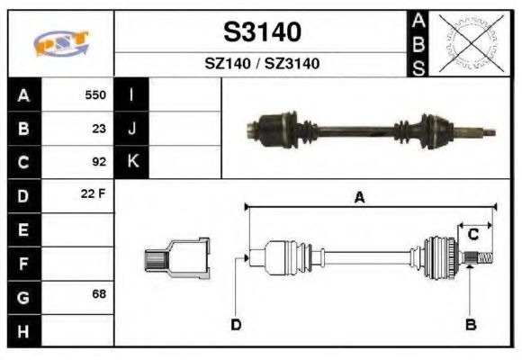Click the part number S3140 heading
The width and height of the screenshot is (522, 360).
[x=262, y=32]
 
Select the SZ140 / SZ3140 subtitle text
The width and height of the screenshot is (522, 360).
[x=262, y=64]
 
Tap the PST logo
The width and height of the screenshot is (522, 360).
[x=62, y=43]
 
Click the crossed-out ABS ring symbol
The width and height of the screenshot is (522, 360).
[x=467, y=42]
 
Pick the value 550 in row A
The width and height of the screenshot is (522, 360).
[x=95, y=94]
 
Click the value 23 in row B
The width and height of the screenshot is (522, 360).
[x=99, y=129]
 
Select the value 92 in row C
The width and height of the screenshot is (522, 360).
[x=99, y=163]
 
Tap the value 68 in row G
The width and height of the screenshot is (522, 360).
[x=99, y=295]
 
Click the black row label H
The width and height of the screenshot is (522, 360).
[x=24, y=330]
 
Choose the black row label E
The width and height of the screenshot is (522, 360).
[x=24, y=230]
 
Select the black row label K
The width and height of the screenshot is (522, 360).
[x=132, y=163]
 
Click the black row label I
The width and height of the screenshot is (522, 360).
[x=132, y=94]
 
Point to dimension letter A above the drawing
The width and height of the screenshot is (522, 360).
[x=358, y=198]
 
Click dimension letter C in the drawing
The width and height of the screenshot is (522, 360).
[x=472, y=235]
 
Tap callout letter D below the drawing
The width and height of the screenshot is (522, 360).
[x=236, y=324]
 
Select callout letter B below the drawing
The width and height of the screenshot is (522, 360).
[x=470, y=324]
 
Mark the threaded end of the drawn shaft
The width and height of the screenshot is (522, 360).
[x=484, y=259]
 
